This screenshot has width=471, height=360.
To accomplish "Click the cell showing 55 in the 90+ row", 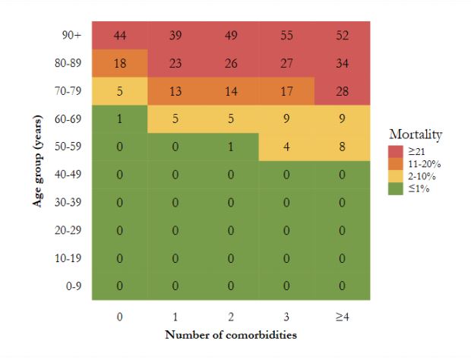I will [x=286, y=36].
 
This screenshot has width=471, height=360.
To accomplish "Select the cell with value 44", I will [x=119, y=36].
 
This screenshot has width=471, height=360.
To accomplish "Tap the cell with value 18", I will [x=119, y=64].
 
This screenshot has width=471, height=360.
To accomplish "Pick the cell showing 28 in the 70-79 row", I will [x=342, y=92].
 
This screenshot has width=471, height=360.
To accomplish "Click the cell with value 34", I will [x=342, y=64].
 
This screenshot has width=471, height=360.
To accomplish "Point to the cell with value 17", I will [x=286, y=92].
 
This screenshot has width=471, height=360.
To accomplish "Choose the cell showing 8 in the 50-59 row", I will [x=342, y=147].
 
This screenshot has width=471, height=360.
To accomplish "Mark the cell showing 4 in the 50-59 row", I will [x=286, y=147].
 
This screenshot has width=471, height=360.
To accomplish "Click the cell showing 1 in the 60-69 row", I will [x=119, y=119].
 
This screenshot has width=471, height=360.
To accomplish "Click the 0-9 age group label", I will [x=74, y=286].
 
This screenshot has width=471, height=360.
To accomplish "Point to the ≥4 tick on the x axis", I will [x=342, y=315].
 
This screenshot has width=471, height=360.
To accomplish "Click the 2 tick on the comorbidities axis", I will [x=230, y=315].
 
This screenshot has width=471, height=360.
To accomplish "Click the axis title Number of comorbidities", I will [x=230, y=333].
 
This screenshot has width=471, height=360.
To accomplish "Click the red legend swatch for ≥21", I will [x=395, y=150].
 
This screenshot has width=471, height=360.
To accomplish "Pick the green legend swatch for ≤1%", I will [x=395, y=189].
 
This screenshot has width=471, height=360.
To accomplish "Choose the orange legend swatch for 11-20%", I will [x=395, y=163].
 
